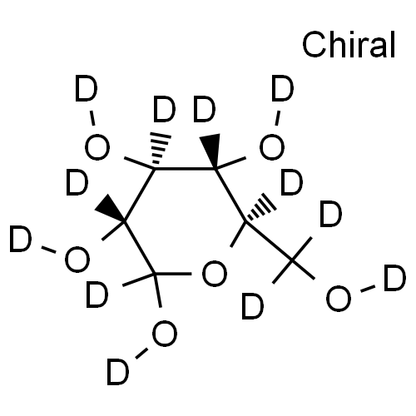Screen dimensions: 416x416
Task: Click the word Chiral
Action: point(349,45)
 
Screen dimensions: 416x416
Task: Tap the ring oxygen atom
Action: point(215,274)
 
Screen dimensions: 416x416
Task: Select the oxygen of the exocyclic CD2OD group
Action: point(339,299)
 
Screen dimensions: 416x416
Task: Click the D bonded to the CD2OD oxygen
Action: point(395,278)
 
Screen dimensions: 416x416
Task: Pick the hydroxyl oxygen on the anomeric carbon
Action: point(165,334)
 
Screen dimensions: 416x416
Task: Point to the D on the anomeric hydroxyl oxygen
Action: point(118,372)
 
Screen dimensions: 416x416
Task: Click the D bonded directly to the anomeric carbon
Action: point(97,295)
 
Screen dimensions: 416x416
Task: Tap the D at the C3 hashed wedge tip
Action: point(165,109)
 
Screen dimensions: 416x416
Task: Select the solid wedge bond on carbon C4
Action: point(210,151)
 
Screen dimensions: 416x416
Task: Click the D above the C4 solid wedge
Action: point(205,109)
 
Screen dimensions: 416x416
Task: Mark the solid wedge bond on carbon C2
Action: point(110,208)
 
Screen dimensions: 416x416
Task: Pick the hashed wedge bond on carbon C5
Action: point(260,208)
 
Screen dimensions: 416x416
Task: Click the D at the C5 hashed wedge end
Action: point(291,183)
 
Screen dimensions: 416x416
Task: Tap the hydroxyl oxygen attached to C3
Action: point(97,147)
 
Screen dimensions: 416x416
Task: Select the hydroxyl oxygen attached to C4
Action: point(272,147)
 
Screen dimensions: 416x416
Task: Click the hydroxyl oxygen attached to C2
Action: point(77,260)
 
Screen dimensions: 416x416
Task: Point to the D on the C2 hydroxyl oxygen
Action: point(20,239)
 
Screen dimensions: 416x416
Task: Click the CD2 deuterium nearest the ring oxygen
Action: point(253,307)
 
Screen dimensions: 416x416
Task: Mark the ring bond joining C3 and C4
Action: point(185,168)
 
